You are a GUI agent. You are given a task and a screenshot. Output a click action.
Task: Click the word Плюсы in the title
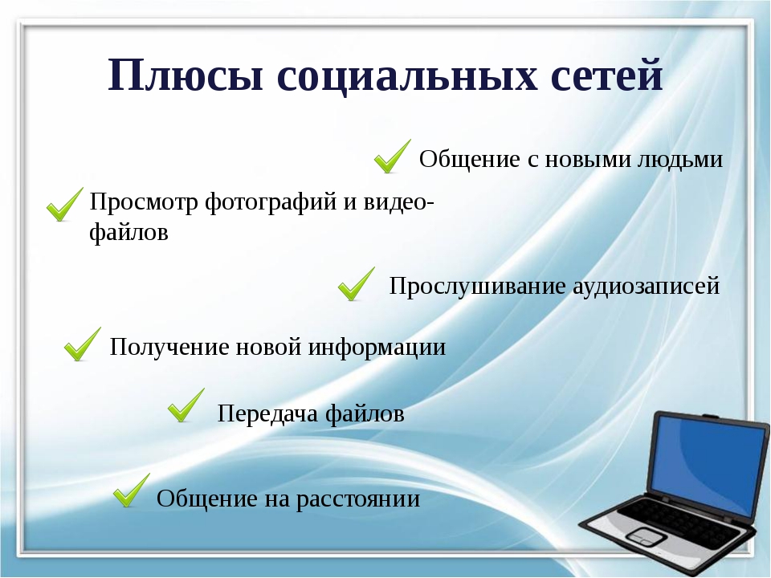tap(186, 75)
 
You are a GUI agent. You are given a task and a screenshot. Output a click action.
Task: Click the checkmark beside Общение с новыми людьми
tap(393, 157)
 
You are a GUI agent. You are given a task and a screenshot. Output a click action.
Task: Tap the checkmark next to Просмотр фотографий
tap(65, 205)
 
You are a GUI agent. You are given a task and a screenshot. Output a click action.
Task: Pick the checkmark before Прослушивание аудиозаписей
tap(357, 284)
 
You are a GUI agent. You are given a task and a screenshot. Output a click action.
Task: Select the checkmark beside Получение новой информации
tap(83, 344)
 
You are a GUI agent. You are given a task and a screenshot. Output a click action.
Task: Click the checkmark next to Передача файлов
tap(186, 405)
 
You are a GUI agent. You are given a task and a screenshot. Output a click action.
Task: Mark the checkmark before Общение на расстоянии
tap(132, 490)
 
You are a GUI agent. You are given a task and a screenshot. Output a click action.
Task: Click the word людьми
tap(680, 159)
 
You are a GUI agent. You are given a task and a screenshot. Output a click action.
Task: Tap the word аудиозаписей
tap(646, 286)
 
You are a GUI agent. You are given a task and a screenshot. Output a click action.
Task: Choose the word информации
tap(377, 347)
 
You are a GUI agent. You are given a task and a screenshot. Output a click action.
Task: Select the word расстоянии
tap(358, 499)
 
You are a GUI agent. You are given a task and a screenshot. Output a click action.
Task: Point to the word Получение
tap(170, 347)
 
